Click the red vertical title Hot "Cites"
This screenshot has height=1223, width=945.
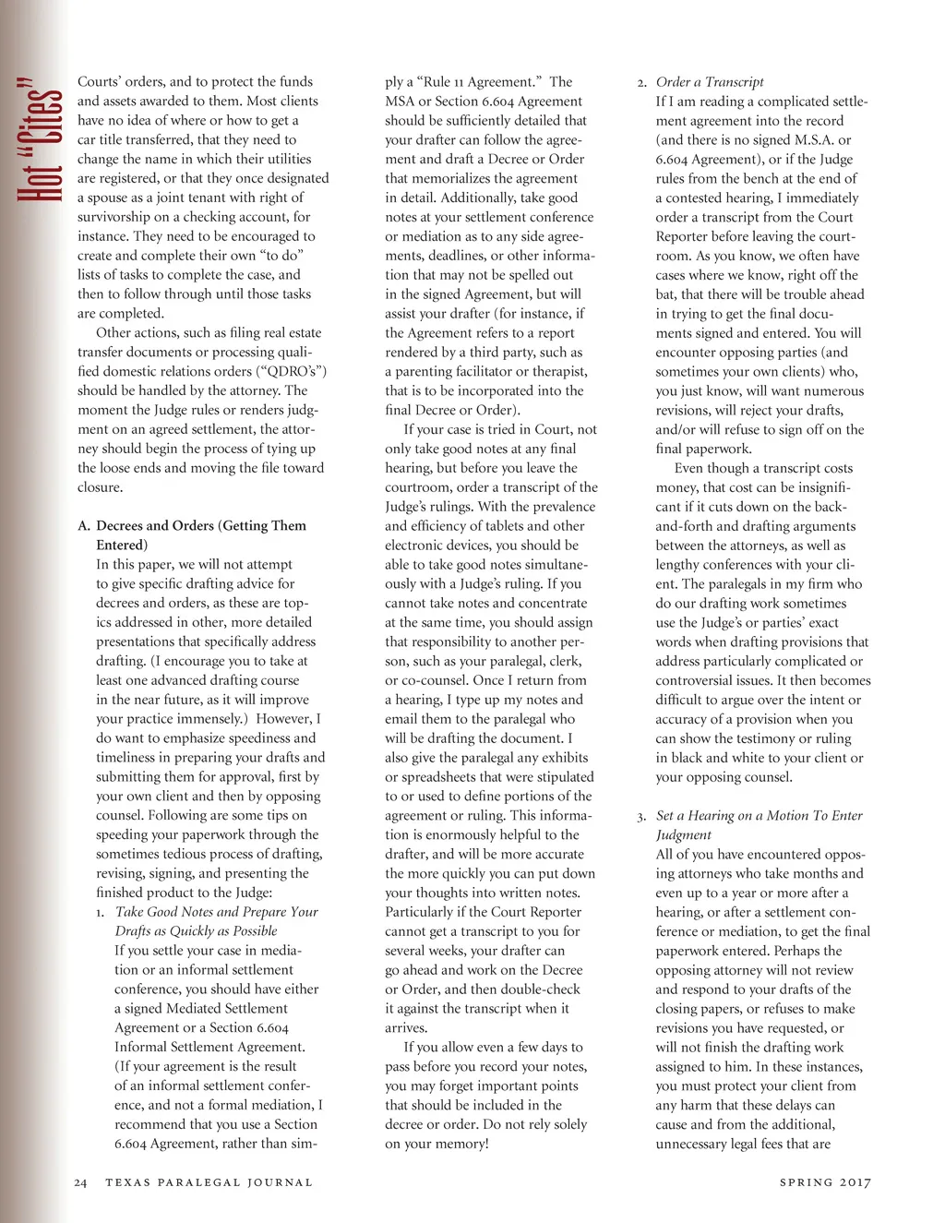[x=40, y=138]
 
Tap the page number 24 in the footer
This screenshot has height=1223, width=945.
[x=80, y=1182]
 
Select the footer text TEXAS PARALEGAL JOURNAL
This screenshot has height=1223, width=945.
[x=209, y=1182]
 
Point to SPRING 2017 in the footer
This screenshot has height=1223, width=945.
[x=824, y=1182]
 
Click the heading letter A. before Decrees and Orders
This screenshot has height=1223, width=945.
[x=84, y=526]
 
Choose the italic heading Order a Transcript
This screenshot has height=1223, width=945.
[x=710, y=82]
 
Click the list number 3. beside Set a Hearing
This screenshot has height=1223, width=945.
[x=641, y=816]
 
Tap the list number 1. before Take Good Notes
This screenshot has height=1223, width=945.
[x=101, y=913]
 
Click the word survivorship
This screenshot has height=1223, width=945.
[x=117, y=217]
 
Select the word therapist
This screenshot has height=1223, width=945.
[x=558, y=371]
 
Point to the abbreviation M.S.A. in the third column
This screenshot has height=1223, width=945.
[x=809, y=140]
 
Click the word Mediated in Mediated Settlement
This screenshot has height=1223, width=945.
[x=193, y=1009]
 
